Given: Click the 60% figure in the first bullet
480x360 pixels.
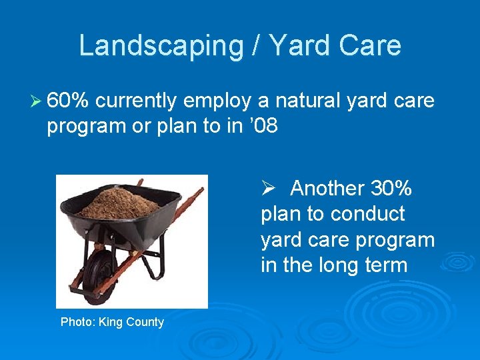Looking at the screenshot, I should [x=69, y=101].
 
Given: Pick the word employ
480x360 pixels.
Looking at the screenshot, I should [x=219, y=101].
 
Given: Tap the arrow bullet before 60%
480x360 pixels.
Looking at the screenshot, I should [x=39, y=101].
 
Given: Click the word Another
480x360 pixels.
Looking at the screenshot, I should [x=325, y=189].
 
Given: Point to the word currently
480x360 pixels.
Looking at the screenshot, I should [x=137, y=101].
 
